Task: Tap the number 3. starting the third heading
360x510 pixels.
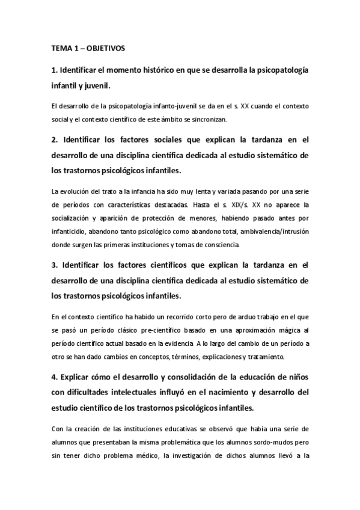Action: click(x=55, y=265)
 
